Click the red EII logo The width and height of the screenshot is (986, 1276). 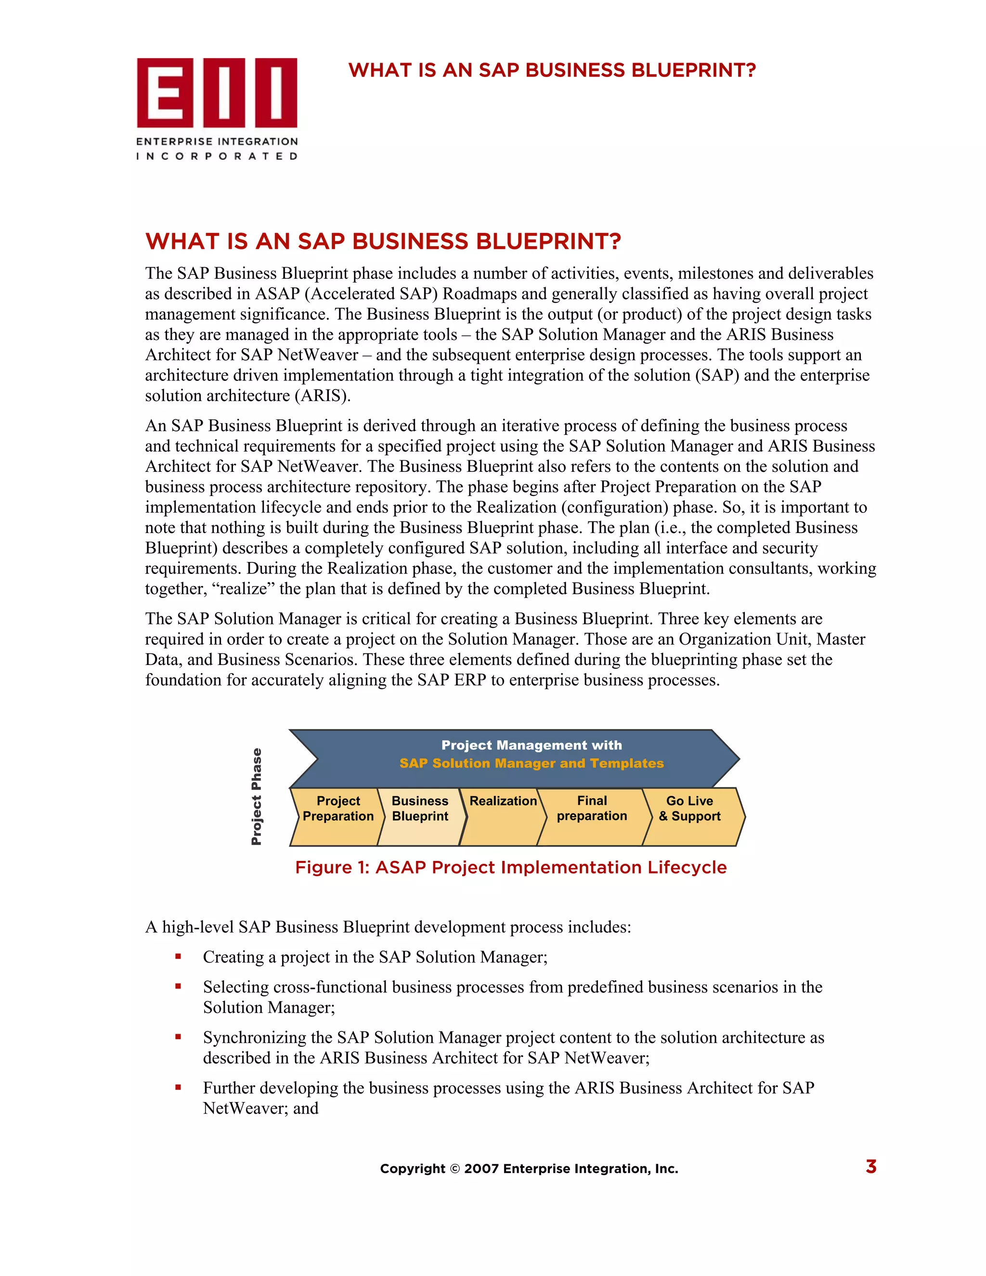(217, 93)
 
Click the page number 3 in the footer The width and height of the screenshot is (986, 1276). (870, 1167)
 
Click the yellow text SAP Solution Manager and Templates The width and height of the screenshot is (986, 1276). (532, 763)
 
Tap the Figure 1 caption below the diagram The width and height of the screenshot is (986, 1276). (510, 867)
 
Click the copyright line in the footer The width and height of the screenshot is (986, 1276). (529, 1169)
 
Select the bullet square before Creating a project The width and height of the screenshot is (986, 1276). (178, 956)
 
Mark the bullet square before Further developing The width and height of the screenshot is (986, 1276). (178, 1087)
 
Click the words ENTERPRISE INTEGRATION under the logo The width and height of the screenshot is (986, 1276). (217, 142)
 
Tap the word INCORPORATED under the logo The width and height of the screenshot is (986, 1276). (217, 156)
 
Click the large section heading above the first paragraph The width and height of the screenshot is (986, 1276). (383, 241)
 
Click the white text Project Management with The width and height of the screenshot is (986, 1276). (532, 745)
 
